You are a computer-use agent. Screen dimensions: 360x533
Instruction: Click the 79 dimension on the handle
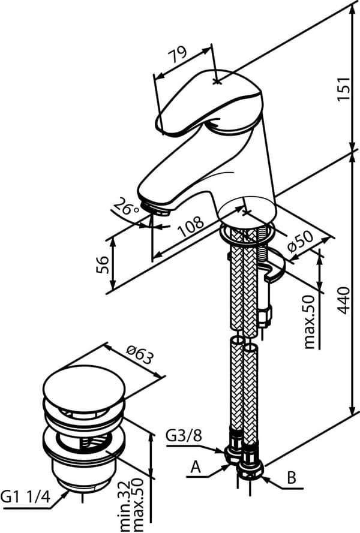click(178, 54)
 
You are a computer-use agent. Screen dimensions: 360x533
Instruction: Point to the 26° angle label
click(127, 206)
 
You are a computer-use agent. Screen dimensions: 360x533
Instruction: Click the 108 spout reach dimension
click(191, 226)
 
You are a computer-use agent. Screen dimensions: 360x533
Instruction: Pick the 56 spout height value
click(103, 264)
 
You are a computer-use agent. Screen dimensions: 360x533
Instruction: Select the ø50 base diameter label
click(300, 242)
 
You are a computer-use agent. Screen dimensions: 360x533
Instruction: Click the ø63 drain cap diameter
click(139, 354)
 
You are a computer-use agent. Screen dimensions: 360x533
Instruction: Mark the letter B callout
click(291, 478)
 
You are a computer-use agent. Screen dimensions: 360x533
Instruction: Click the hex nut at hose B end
click(251, 471)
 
